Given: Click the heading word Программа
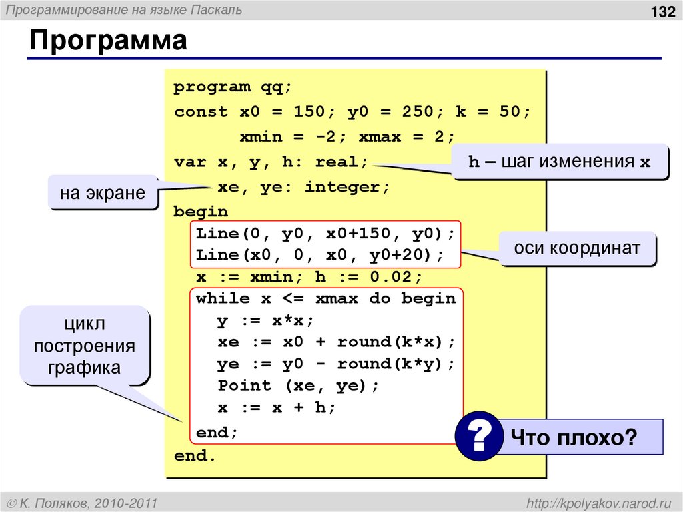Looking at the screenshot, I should coord(107,41).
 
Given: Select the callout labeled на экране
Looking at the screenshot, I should coord(102,193).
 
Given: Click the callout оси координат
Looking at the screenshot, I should coord(577,248).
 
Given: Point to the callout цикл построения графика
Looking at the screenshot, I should coord(85,345).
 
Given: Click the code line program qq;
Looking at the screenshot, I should coord(233,87).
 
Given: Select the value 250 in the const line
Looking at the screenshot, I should coord(417,111).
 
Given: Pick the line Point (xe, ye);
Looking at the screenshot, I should coord(298,385).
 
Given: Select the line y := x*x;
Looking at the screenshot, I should coord(265,320).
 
